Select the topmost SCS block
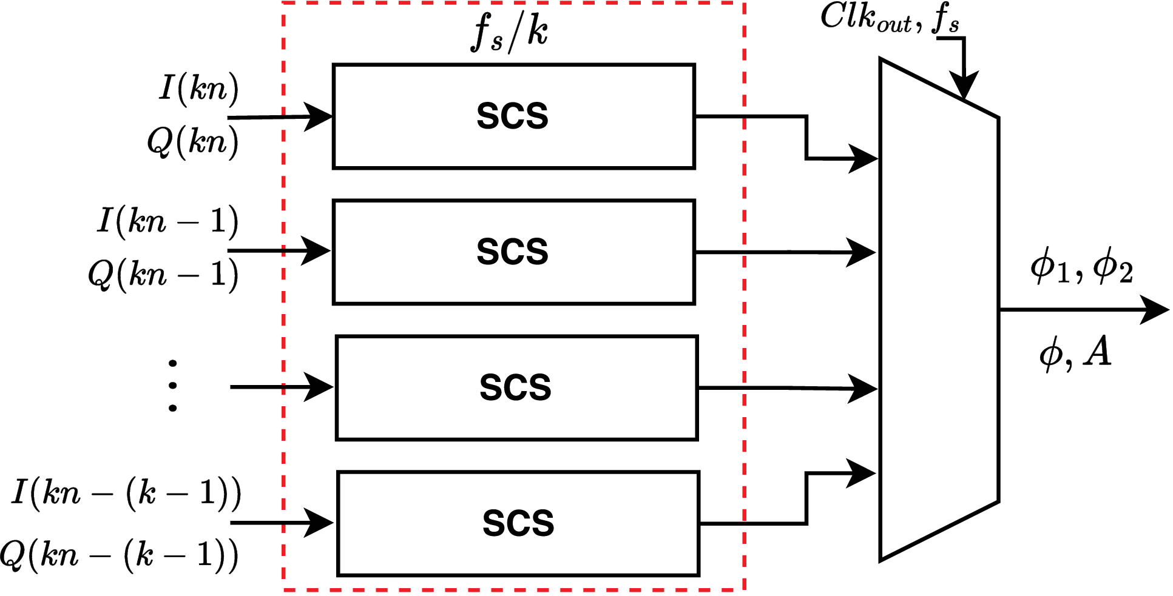tap(513, 116)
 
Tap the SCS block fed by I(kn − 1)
tap(513, 252)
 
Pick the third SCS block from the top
tap(516, 387)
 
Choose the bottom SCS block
tap(518, 523)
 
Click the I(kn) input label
tap(199, 89)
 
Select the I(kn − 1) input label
tap(167, 221)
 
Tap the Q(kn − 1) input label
tap(163, 275)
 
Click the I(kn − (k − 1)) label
tap(126, 492)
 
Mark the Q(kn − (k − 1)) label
tap(119, 555)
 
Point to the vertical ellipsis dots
tap(173, 386)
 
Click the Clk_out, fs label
tap(889, 18)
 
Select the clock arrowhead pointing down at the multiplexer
tap(964, 85)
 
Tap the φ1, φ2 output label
tap(1081, 267)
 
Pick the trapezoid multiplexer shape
tap(939, 309)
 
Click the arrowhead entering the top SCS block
tap(318, 116)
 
